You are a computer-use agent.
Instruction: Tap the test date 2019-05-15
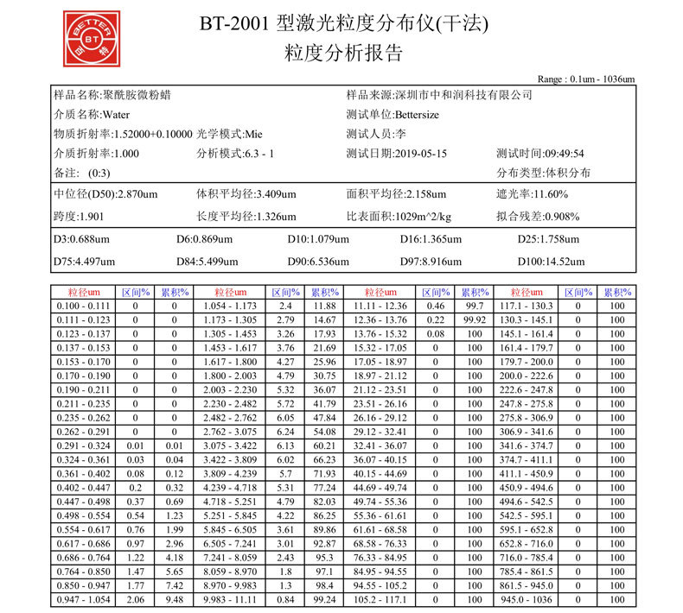click(421, 154)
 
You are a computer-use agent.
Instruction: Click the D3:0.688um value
click(82, 239)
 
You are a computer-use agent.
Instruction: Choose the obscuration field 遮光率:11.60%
click(532, 194)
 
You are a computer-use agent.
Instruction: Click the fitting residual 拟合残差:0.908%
click(538, 216)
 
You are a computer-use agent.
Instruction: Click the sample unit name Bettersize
click(420, 114)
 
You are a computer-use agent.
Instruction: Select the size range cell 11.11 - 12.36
click(380, 306)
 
